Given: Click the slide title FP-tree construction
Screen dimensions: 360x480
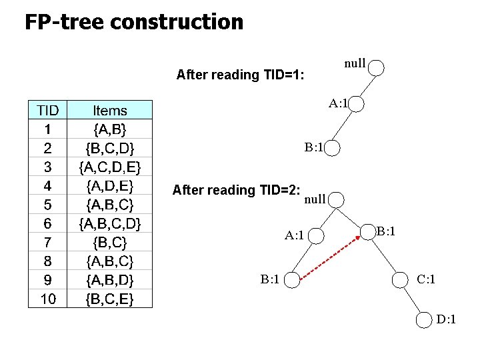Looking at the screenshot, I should tap(134, 22).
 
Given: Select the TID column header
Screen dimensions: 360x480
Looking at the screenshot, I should tap(48, 110).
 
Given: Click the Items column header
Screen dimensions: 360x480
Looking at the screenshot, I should tap(110, 110).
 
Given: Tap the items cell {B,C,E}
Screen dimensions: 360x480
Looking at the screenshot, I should tap(110, 299).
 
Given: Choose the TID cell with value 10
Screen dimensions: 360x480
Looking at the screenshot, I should tap(48, 299).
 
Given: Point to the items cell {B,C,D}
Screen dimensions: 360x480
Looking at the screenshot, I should tap(110, 147).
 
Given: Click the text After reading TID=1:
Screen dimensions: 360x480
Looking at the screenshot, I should tap(240, 75).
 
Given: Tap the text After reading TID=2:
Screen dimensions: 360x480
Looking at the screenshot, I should tap(236, 190).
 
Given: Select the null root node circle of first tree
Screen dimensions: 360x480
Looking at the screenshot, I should tap(377, 67).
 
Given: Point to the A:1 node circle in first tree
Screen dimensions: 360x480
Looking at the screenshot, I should tap(356, 105).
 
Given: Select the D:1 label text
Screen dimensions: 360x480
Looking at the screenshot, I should tap(447, 320).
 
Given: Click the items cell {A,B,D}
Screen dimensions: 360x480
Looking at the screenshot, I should tap(110, 279).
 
